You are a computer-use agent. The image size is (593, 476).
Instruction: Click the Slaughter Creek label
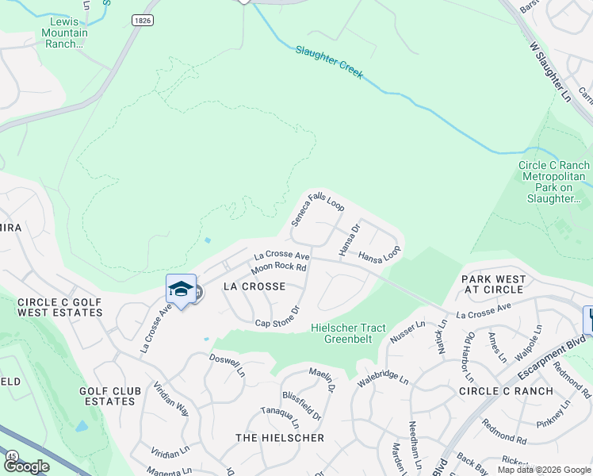click(x=329, y=62)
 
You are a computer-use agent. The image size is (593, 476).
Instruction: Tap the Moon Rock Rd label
click(x=280, y=268)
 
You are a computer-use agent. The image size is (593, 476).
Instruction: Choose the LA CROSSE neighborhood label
click(x=254, y=285)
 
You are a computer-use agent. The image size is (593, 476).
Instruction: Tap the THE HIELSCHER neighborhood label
click(x=280, y=438)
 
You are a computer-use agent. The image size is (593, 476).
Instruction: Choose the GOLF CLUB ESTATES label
click(x=107, y=396)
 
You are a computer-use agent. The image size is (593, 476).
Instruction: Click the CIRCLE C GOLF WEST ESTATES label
click(x=59, y=307)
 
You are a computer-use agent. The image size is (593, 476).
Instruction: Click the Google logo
click(x=26, y=466)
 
